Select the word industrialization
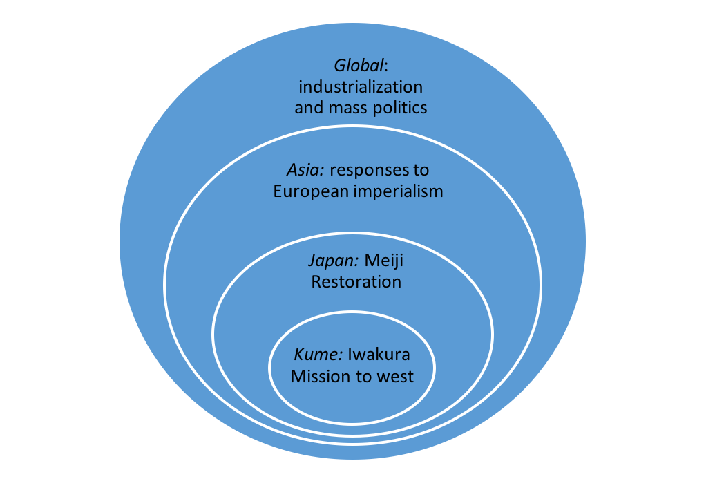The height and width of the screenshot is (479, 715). click(360, 87)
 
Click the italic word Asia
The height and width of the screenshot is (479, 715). click(301, 171)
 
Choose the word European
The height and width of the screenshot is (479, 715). click(308, 192)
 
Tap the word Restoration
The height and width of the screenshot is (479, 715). click(356, 282)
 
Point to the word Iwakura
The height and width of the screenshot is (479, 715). click(379, 355)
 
